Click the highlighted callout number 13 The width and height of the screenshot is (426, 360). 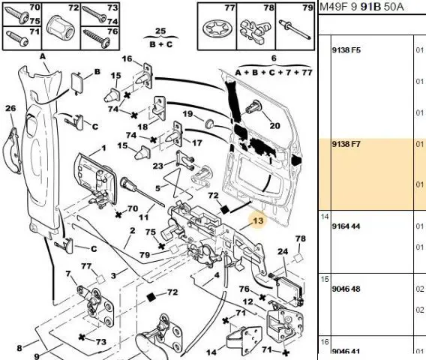(x=258, y=220)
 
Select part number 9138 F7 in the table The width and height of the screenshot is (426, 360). (x=346, y=144)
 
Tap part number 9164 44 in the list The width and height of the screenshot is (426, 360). (x=346, y=226)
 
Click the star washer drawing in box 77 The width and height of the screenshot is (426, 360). (x=217, y=28)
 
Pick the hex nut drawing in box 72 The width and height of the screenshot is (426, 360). (x=61, y=28)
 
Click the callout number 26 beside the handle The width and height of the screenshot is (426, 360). (x=10, y=108)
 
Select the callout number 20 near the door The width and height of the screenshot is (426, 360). (x=274, y=126)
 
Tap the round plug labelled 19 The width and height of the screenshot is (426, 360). (x=209, y=124)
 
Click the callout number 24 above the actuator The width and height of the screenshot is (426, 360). (x=283, y=251)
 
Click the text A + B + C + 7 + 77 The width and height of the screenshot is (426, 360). (x=274, y=73)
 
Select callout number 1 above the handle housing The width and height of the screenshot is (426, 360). (x=103, y=148)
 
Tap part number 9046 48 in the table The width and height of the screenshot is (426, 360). (x=346, y=289)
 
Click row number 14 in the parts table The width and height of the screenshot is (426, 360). (x=325, y=217)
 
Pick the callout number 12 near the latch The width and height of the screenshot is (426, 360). (x=247, y=301)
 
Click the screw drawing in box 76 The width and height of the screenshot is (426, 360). (x=96, y=40)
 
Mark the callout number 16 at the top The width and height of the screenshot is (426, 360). (x=127, y=58)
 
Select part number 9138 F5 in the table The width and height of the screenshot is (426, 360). (x=346, y=50)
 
